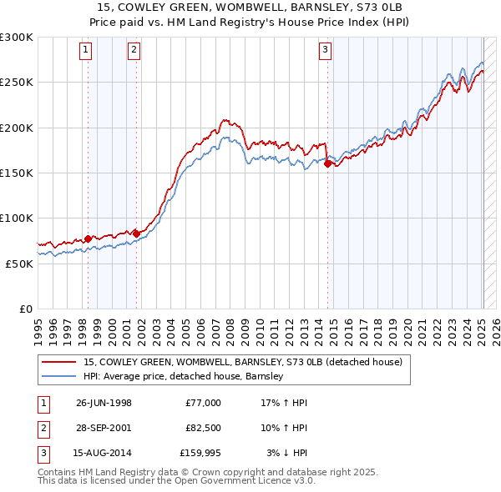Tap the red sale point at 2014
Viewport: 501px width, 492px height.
327,164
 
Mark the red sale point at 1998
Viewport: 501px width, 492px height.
88,238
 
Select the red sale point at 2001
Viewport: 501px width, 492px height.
136,234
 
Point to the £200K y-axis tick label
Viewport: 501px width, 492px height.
16,128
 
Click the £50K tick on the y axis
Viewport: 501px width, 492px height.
18,264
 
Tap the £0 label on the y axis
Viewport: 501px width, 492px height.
25,309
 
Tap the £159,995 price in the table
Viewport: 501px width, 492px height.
200,454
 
